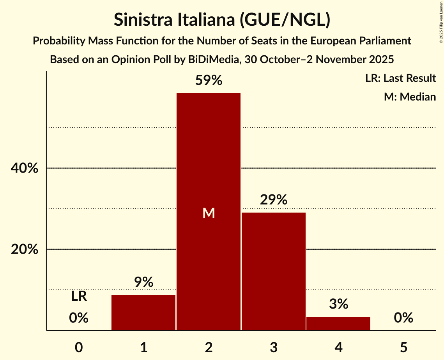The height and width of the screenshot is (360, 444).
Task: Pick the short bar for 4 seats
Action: tap(338, 323)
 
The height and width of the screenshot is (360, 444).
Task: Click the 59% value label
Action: tap(209, 81)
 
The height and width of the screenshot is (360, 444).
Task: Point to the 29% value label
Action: tap(273, 200)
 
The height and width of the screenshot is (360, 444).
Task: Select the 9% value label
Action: tap(143, 282)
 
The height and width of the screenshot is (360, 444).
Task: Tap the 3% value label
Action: tap(338, 304)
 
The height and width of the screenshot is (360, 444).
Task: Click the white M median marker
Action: tap(209, 213)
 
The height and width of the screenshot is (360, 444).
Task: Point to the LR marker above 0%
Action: tap(79, 296)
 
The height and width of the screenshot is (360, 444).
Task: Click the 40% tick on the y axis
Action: tap(25, 168)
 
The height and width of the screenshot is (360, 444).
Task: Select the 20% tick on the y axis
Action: tap(25, 249)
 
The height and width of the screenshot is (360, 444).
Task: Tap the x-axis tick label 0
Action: tap(79, 347)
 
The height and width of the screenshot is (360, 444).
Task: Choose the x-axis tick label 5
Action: tap(403, 347)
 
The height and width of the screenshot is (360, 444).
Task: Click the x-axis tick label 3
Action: tap(273, 347)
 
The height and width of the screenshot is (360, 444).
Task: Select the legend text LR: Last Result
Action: tap(400, 78)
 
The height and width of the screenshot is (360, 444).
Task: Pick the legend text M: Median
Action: tap(410, 97)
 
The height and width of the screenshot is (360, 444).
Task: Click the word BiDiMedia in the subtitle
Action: tap(214, 60)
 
